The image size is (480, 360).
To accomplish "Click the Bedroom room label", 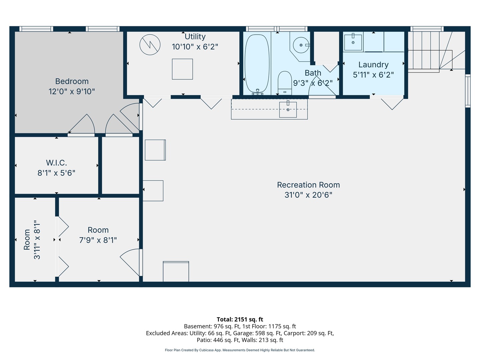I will coord(72,81).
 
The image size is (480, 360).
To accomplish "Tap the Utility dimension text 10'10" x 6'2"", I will coord(195,47).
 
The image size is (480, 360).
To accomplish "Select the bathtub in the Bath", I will coord(257,63).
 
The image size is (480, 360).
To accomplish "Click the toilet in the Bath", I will coord(285,82).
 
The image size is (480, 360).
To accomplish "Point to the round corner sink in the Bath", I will coord(301,45).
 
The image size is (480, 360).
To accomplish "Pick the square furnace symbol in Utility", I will coord(182,69).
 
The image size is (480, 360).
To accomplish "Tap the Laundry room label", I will coord(373,65).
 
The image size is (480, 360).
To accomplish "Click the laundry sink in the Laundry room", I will coord(353,42).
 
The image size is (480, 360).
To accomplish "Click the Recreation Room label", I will coord(308,185).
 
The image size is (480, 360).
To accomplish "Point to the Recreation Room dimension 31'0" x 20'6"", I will coord(308,195).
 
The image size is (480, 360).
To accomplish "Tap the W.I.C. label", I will coord(56,163).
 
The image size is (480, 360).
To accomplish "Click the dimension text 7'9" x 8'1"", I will coord(98,240).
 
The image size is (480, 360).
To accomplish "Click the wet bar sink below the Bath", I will coord(288,110).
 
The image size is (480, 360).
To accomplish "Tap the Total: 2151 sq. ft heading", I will coord(240,319).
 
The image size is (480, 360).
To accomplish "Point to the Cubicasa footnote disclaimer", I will coord(240,350).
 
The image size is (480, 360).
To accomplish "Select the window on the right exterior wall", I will coord(468,91).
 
